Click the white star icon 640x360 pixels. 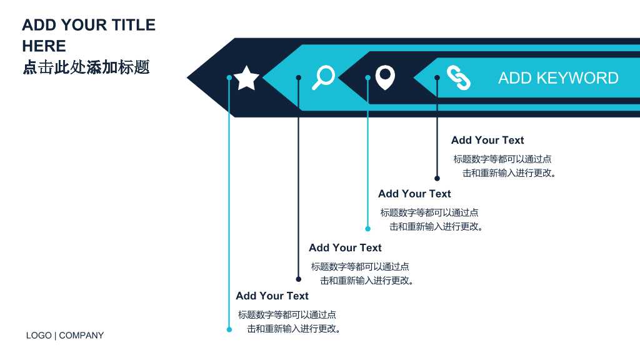click(x=246, y=77)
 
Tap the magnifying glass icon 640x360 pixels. click(x=323, y=77)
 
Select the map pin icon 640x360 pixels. click(x=385, y=77)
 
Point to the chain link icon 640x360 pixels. click(x=458, y=77)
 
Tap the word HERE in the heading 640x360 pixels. click(x=44, y=46)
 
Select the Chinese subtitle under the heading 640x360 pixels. click(x=86, y=67)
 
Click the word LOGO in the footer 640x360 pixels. click(x=39, y=336)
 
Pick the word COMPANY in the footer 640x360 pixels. click(x=81, y=336)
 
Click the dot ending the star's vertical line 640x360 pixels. click(x=229, y=329)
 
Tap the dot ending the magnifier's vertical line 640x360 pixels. click(x=298, y=279)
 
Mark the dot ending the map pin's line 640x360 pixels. click(x=367, y=229)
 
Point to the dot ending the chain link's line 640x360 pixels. click(x=437, y=178)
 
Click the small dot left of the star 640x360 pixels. click(x=229, y=77)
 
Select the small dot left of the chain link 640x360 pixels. click(x=437, y=77)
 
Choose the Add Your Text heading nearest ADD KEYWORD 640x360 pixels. click(x=487, y=141)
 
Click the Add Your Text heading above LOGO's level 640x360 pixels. click(x=272, y=296)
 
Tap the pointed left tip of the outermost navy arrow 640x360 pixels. click(x=187, y=77)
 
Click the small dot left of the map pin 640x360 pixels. click(x=367, y=77)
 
